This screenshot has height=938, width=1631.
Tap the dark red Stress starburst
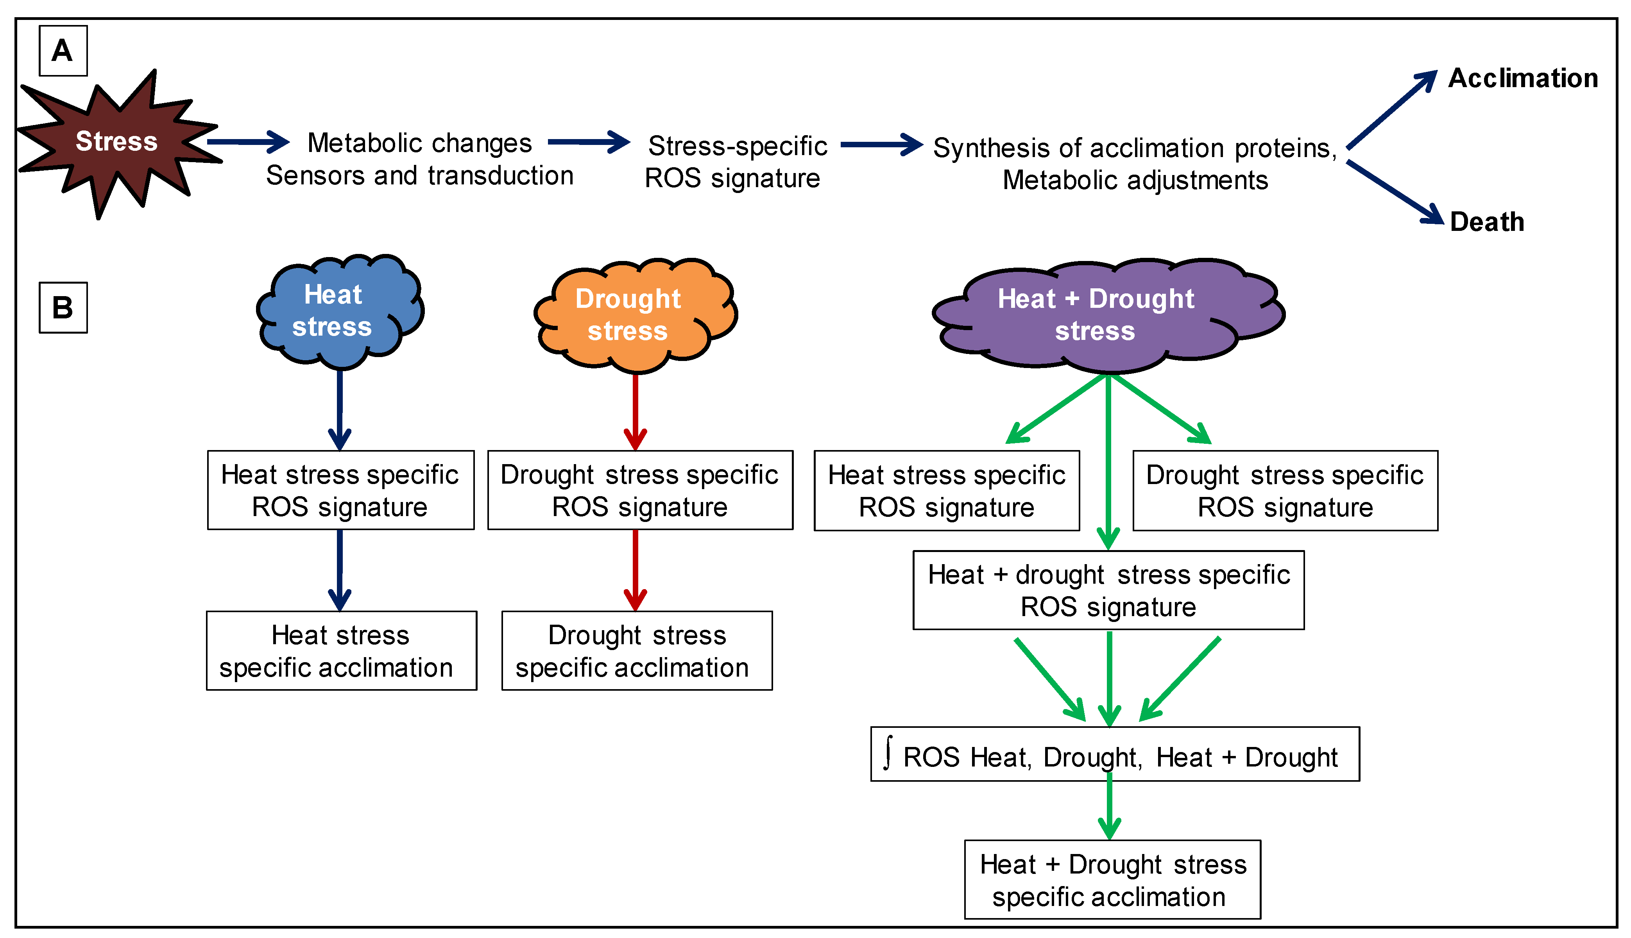(116, 142)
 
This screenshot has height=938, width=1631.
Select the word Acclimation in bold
(1523, 79)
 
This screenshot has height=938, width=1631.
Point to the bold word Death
(1487, 222)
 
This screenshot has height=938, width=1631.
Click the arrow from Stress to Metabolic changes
(248, 142)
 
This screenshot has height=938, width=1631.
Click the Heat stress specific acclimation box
(341, 651)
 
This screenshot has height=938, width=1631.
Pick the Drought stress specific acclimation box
(637, 651)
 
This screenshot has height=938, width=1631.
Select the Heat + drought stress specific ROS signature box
(1108, 590)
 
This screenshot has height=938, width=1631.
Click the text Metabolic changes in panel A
(419, 143)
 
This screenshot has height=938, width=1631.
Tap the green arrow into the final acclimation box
(1109, 809)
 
